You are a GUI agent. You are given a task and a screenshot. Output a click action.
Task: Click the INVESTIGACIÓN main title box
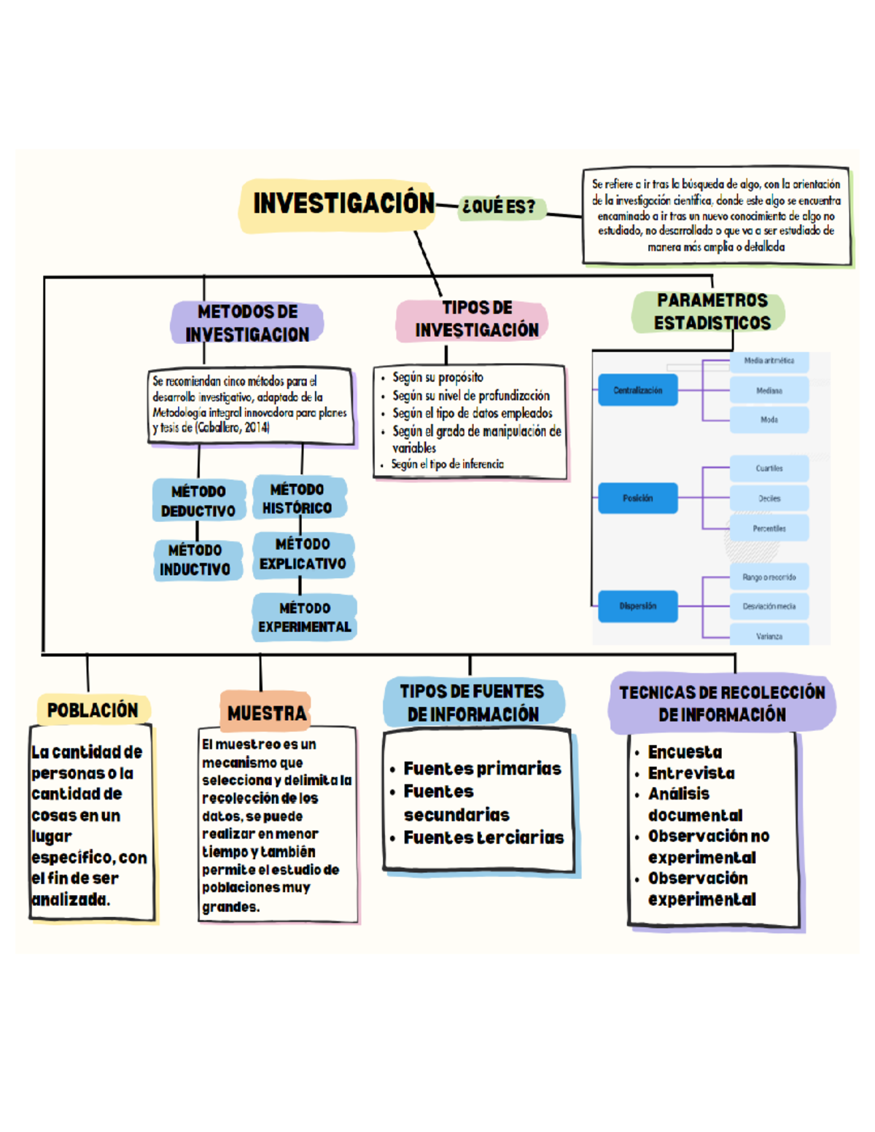click(343, 204)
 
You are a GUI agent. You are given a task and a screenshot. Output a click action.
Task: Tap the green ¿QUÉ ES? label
click(499, 207)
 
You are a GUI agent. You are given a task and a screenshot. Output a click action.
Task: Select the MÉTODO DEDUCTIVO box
click(198, 501)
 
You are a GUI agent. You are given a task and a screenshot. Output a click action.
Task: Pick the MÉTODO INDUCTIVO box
click(195, 560)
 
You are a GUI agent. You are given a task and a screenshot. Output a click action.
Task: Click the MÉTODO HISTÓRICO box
click(297, 499)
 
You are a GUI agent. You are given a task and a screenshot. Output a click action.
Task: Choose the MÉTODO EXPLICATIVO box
click(303, 554)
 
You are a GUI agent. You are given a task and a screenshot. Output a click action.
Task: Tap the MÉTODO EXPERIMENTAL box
click(305, 617)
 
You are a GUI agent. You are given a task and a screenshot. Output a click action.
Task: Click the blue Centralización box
click(638, 391)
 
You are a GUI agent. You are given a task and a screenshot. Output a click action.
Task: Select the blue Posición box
click(638, 499)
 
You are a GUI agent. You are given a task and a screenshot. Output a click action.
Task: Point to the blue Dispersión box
click(638, 606)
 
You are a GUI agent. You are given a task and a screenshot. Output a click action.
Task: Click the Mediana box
click(769, 391)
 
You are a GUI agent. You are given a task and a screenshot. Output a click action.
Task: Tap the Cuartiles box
click(769, 469)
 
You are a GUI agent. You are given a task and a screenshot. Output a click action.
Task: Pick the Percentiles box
click(769, 528)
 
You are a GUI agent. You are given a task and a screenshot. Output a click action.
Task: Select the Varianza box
click(769, 636)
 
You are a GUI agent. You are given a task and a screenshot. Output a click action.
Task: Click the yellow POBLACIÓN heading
click(93, 710)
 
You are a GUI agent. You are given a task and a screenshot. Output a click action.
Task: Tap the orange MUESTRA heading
click(266, 713)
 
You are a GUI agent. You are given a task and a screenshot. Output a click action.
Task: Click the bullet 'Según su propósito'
click(437, 378)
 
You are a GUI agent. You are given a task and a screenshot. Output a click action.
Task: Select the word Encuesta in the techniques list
click(685, 752)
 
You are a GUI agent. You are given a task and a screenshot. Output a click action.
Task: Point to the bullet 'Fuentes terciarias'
click(483, 838)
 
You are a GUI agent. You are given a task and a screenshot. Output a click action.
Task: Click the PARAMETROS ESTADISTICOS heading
click(711, 312)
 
